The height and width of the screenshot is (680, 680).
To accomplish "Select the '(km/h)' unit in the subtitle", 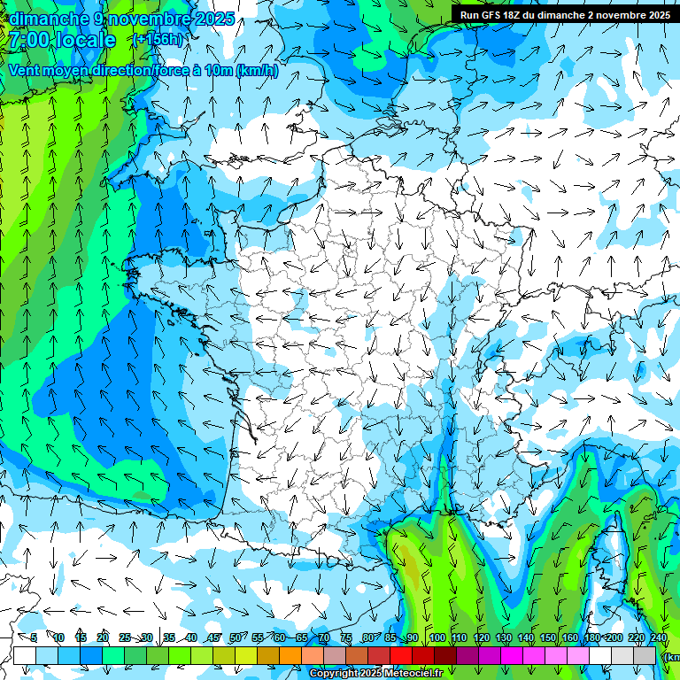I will coord(257,71).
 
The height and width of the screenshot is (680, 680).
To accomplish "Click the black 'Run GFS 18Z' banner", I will coord(565,15).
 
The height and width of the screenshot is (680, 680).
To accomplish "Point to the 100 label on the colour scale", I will coord(437,638).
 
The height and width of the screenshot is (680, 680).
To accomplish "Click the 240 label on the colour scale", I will coord(658,638).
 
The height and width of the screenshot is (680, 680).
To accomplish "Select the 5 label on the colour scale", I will coord(34,638).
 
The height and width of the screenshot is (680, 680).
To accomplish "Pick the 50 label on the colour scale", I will coord(236,638).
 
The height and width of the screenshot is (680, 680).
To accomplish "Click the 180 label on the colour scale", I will coord(591,638).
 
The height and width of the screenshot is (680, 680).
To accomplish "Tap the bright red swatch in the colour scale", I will coord(401,655).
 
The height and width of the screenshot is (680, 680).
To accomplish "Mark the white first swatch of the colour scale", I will coord(25,655).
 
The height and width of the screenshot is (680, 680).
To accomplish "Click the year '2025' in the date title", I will coord(215,18).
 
